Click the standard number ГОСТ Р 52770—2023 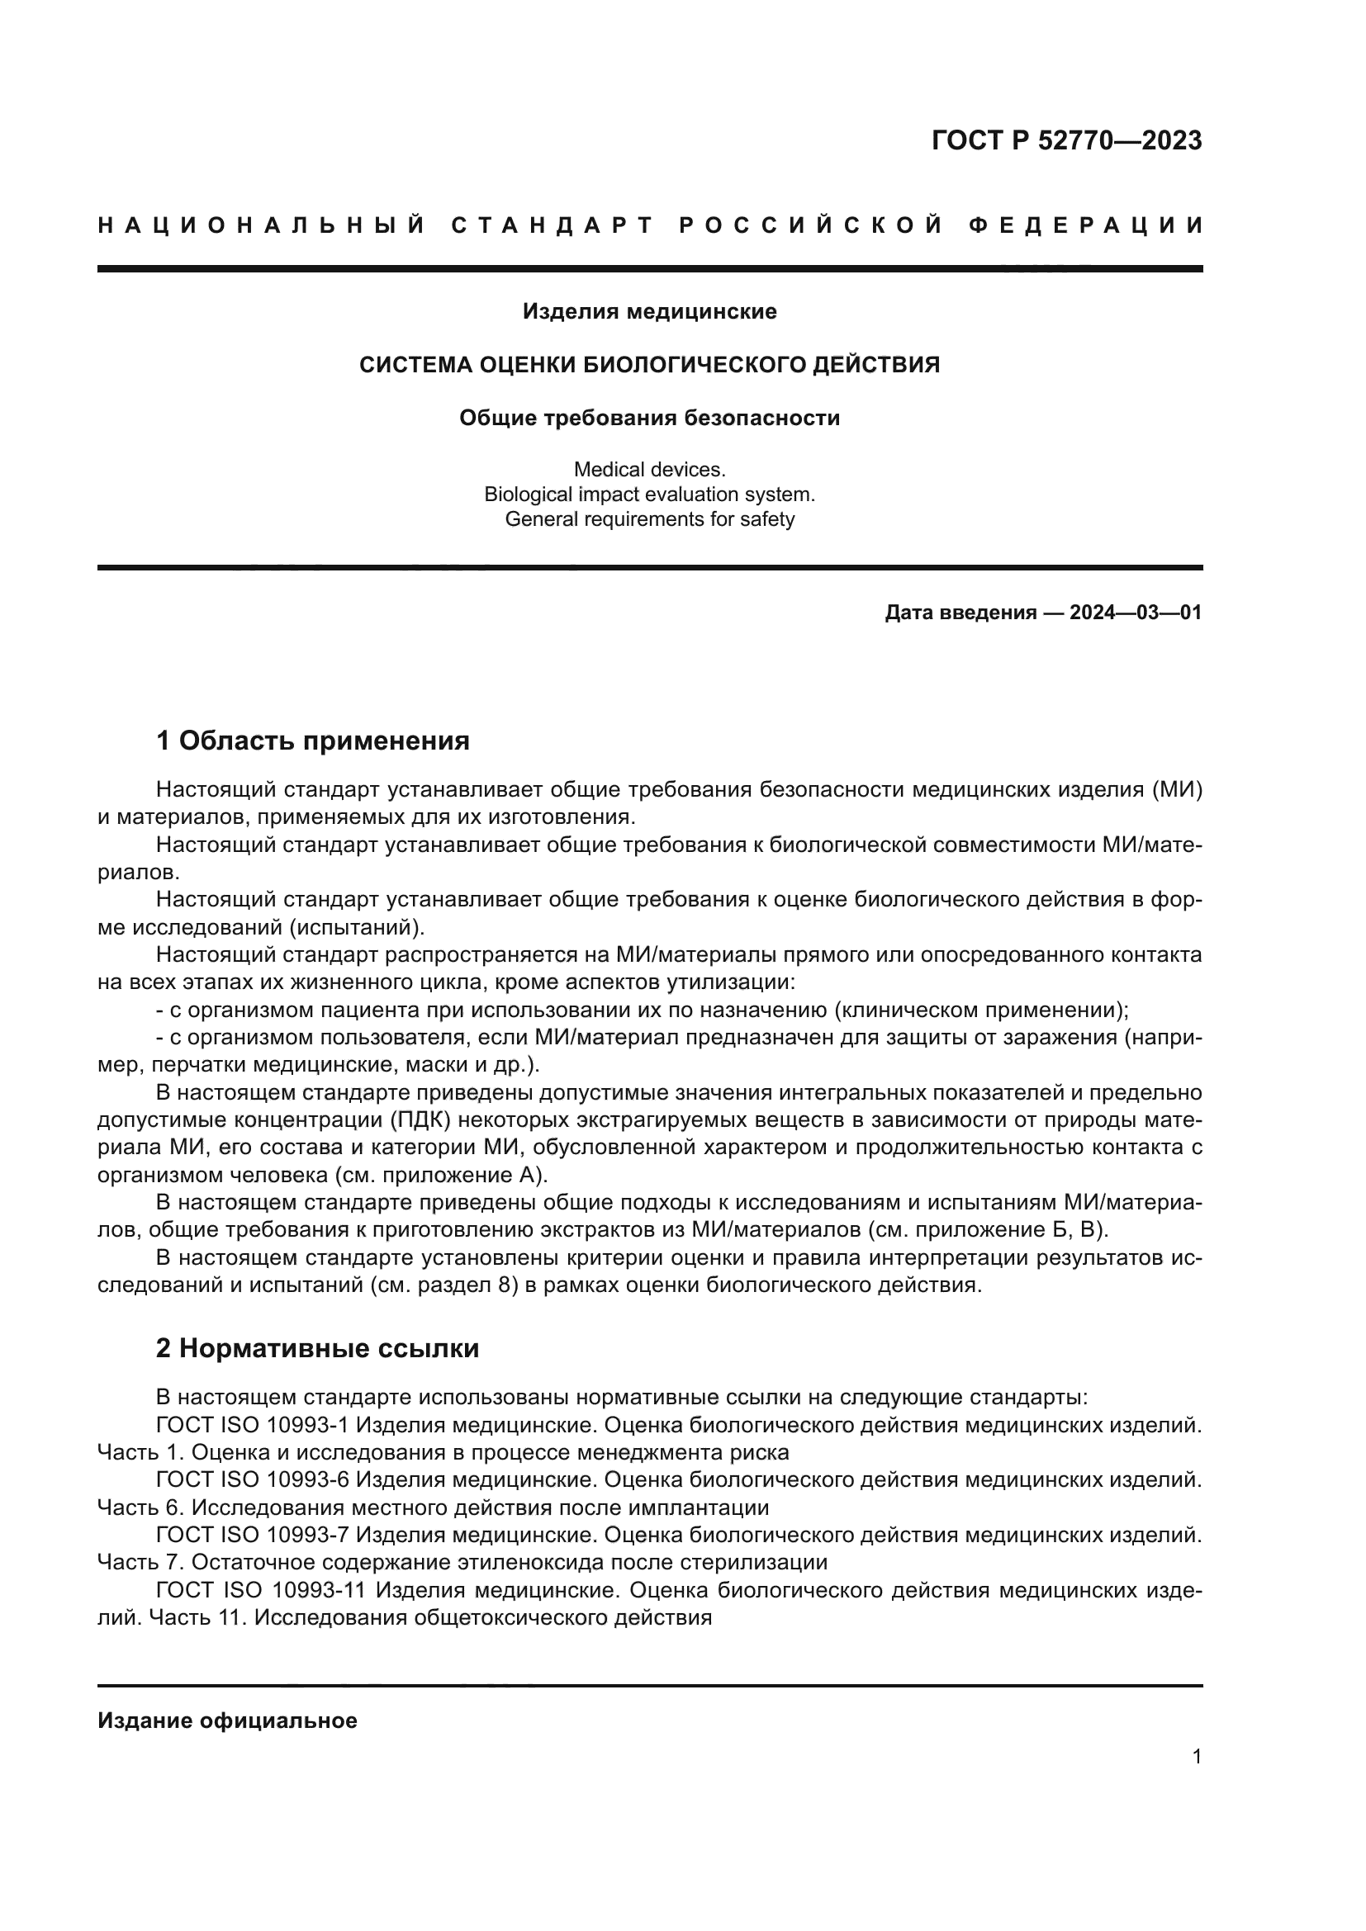[1066, 140]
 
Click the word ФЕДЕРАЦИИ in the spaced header [1086, 225]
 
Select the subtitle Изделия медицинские [649, 312]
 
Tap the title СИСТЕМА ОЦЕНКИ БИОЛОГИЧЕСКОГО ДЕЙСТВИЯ [649, 365]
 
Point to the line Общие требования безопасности [649, 418]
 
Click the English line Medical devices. [649, 469]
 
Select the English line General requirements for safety [649, 519]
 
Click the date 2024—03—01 [1136, 613]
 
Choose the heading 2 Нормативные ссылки [317, 1348]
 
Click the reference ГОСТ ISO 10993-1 [253, 1426]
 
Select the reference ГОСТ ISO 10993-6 [253, 1480]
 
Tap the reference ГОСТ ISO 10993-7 [253, 1535]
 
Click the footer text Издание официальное [227, 1720]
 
